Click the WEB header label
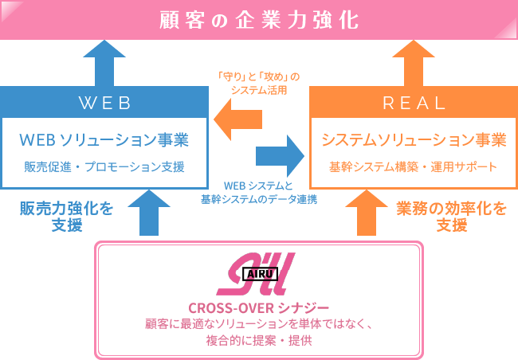click(104, 103)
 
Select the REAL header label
click(413, 103)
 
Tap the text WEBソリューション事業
click(104, 141)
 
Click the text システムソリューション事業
click(413, 141)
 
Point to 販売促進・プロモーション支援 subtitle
click(104, 167)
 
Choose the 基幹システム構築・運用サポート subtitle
click(413, 167)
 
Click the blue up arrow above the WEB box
click(103, 61)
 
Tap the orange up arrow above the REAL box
click(413, 61)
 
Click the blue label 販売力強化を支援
click(67, 217)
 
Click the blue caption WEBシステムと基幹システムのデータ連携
click(259, 192)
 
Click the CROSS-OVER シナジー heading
click(258, 307)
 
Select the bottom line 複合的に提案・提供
click(258, 340)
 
